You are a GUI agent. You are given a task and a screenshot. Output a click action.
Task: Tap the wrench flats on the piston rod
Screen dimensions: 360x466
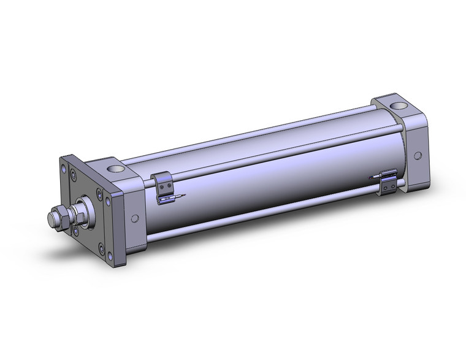click(73, 215)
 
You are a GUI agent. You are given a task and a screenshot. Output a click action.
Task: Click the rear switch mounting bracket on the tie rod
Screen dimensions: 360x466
click(388, 185)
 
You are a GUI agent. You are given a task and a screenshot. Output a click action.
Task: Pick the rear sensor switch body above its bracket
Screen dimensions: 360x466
click(388, 175)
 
